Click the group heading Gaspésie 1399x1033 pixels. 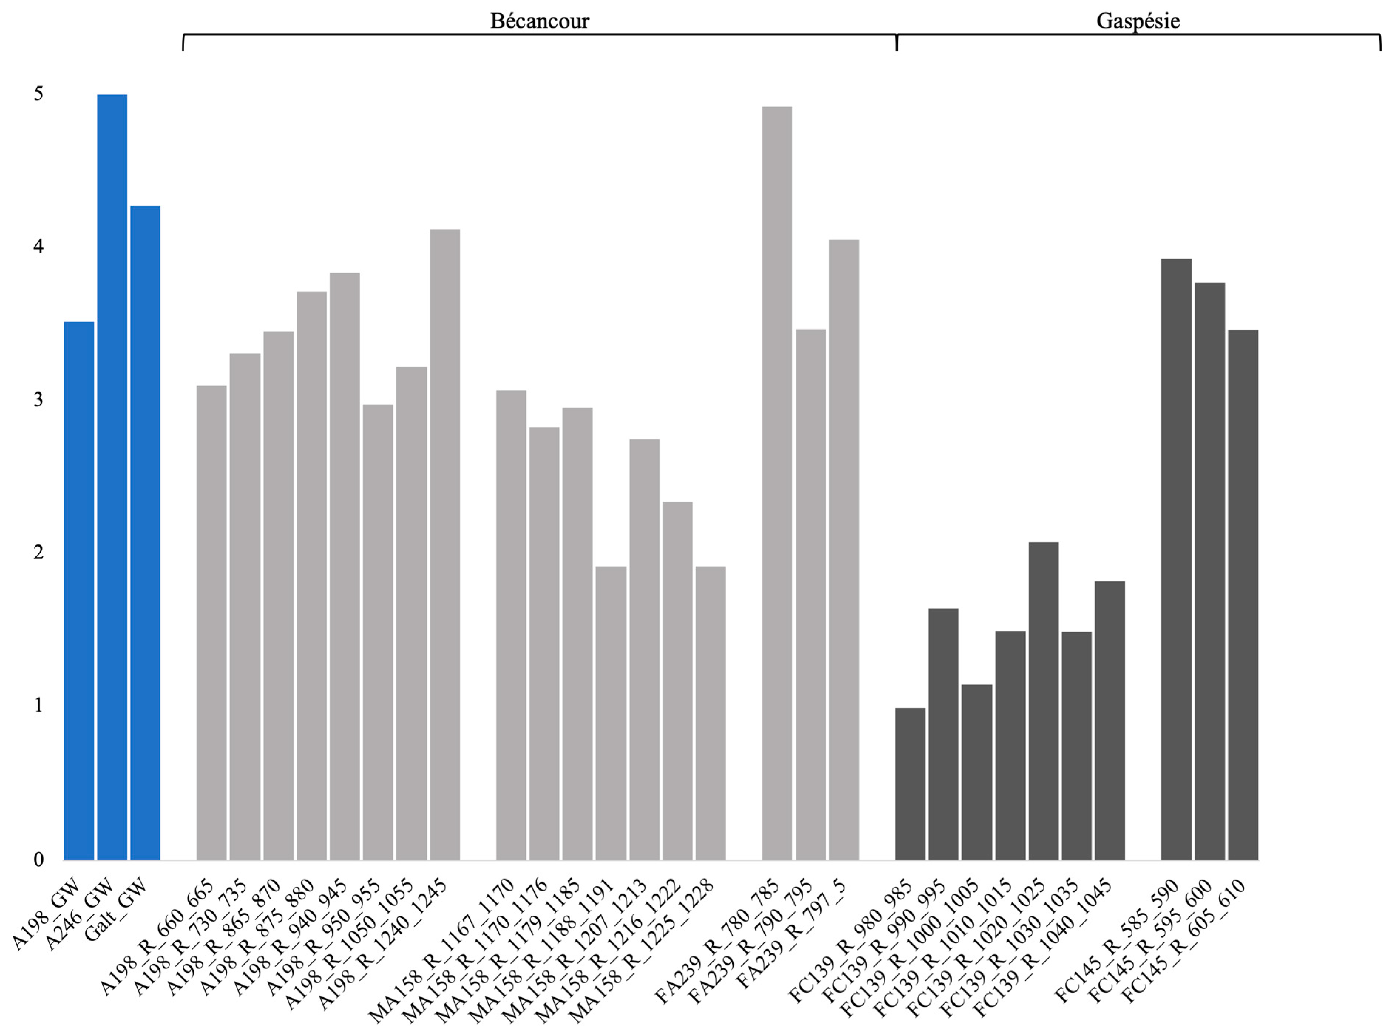(x=1138, y=21)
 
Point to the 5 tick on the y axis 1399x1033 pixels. (x=39, y=94)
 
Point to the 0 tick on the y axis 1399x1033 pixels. (x=39, y=860)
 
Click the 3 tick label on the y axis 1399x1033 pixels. (x=39, y=399)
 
